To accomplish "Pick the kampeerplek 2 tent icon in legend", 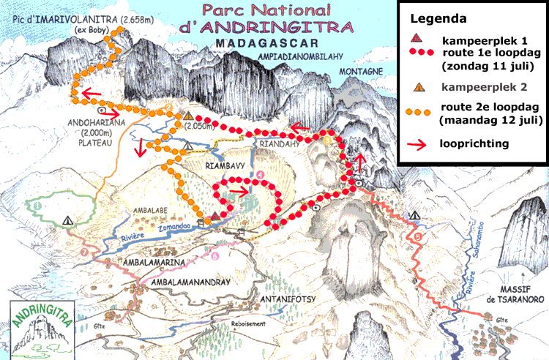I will pyautogui.click(x=416, y=87).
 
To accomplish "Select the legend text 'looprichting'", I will pyautogui.click(x=474, y=143).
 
